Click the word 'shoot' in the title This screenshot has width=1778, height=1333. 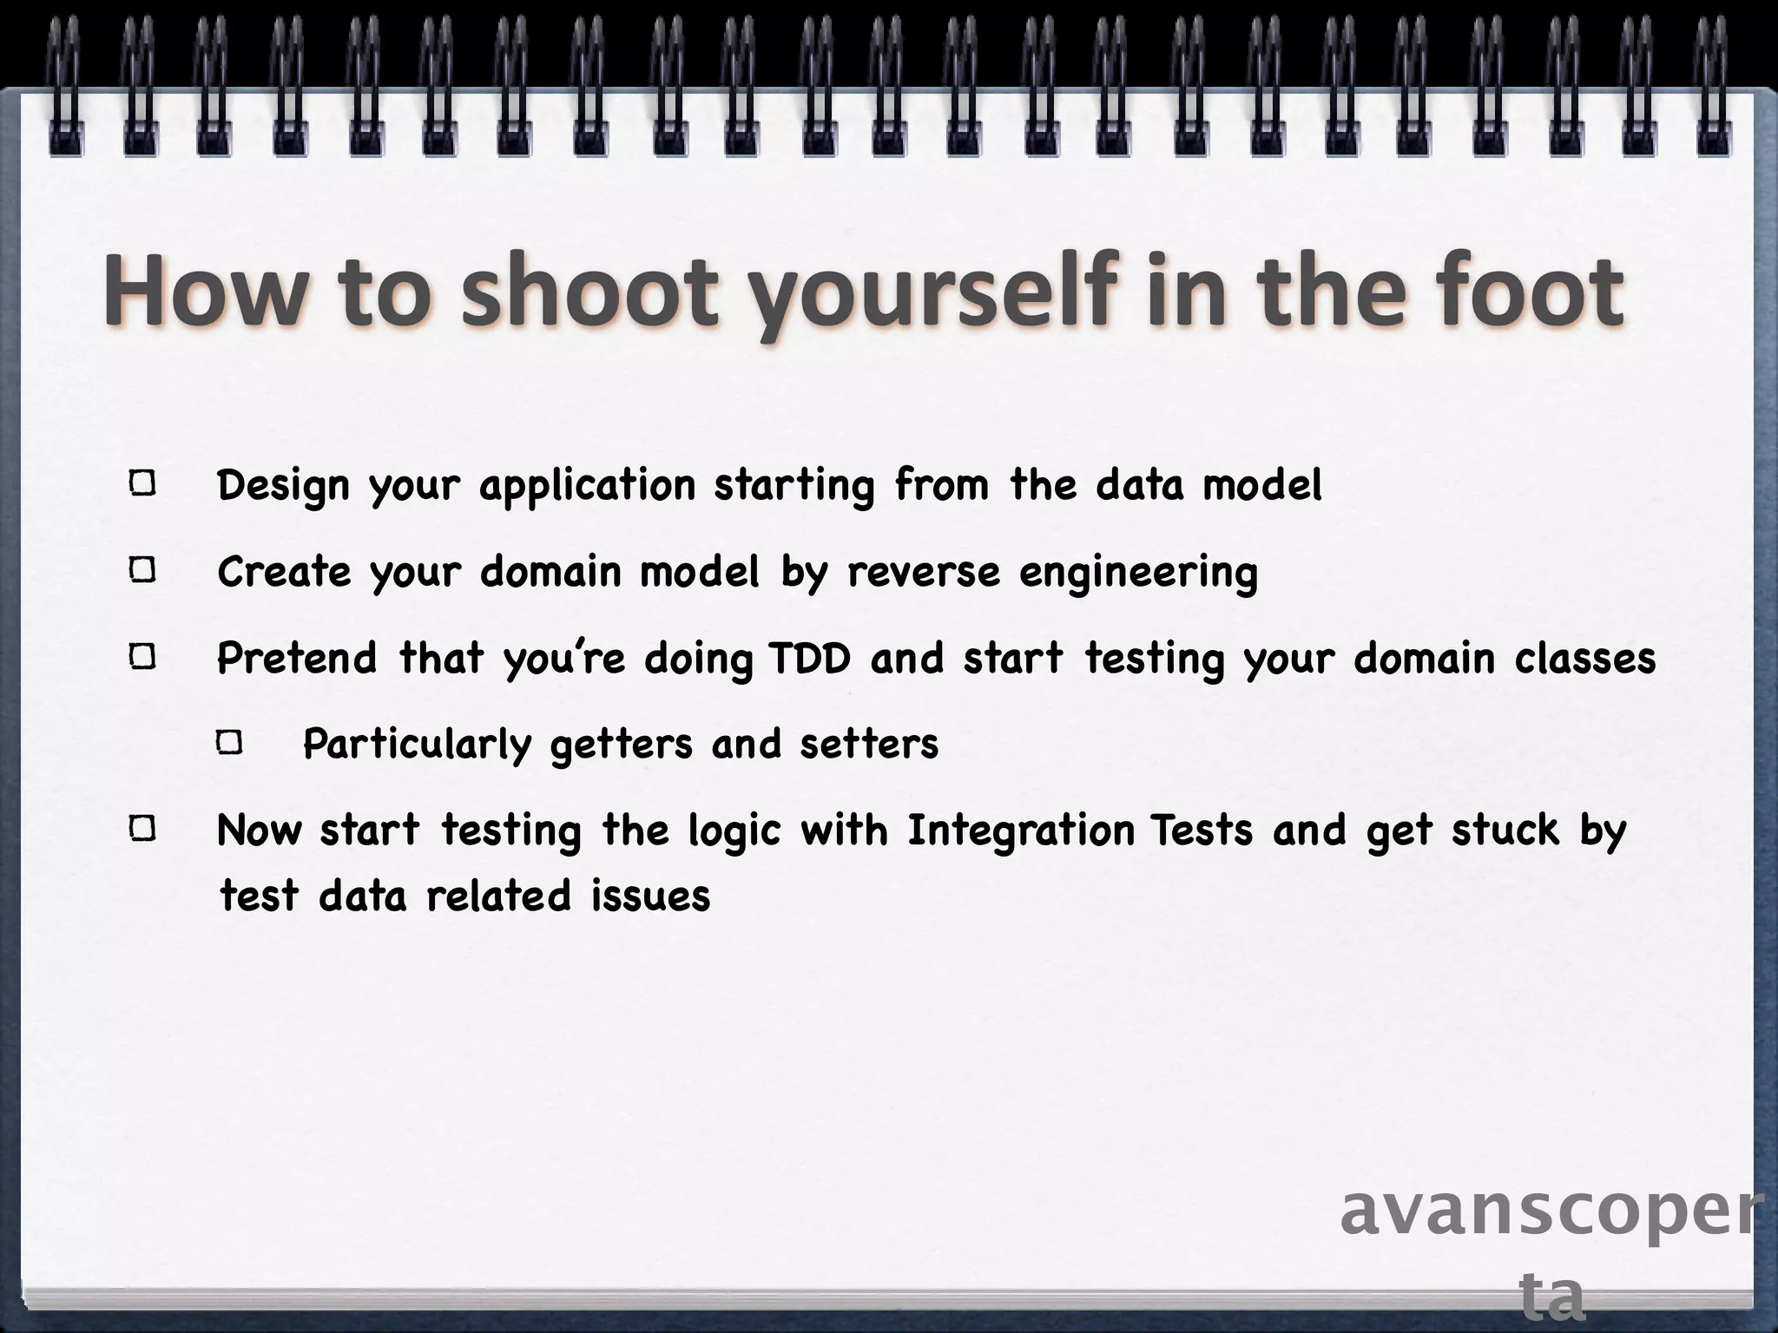click(590, 291)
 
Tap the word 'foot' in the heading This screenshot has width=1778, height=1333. click(1528, 291)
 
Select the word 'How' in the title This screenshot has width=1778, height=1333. click(201, 291)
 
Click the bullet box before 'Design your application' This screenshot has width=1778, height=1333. click(143, 483)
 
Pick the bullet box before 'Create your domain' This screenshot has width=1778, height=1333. click(143, 570)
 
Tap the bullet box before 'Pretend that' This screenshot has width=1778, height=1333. click(143, 657)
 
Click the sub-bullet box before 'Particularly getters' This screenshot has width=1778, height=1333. click(230, 743)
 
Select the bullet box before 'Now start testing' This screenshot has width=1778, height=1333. click(143, 830)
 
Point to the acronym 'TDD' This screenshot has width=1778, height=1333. click(809, 658)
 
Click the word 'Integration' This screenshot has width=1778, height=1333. click(1021, 831)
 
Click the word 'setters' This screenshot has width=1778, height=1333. click(869, 745)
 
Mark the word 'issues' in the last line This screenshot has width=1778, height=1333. click(650, 896)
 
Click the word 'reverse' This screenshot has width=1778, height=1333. click(924, 572)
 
